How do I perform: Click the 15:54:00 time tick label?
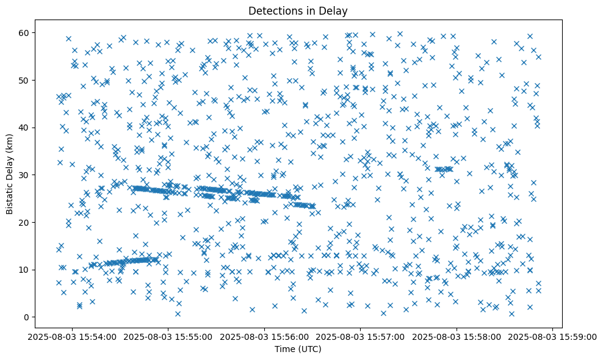coord(73,336)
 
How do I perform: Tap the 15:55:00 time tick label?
coord(168,336)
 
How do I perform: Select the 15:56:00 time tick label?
coord(265,336)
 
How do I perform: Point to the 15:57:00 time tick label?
coord(361,336)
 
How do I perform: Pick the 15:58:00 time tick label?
coord(457,336)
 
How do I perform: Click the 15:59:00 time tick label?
coord(553,336)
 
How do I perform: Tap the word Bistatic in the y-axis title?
coord(10,196)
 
